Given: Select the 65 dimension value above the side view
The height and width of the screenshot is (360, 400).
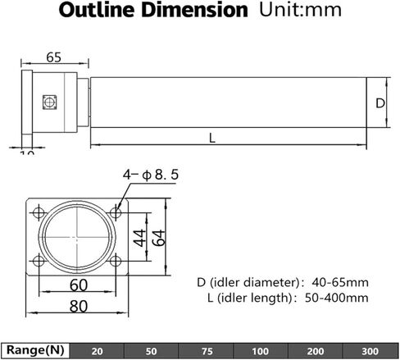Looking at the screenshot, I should click(x=53, y=57).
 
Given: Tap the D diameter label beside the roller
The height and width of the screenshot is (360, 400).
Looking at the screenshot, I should click(x=380, y=103).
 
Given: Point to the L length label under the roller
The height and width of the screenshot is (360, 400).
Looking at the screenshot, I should click(x=212, y=138).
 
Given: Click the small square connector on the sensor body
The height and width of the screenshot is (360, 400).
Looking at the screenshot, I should click(x=48, y=102).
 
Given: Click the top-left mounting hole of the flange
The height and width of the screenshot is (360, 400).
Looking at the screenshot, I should click(x=38, y=212).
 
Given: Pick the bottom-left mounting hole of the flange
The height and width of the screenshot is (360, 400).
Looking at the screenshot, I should click(x=38, y=262).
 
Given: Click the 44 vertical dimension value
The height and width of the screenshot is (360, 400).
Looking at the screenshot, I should click(x=139, y=238).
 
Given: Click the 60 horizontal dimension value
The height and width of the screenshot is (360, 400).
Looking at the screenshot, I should click(x=78, y=285).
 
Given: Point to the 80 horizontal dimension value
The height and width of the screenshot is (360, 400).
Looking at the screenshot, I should click(x=78, y=307).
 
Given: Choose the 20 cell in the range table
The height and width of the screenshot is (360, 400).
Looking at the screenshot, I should click(x=98, y=351).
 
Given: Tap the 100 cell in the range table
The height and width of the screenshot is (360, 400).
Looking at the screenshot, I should click(x=260, y=351).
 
